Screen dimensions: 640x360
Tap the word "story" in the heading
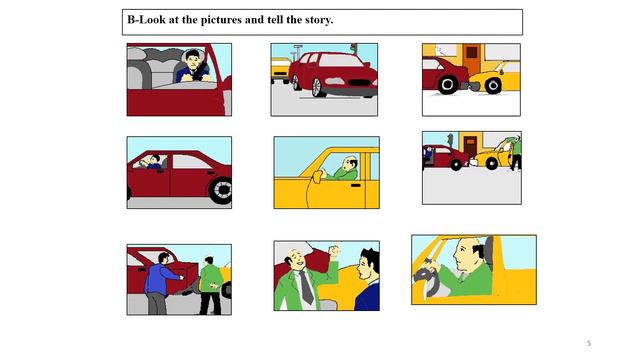click(x=318, y=20)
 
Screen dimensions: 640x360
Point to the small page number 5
click(x=589, y=343)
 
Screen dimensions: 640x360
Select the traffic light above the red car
click(x=353, y=49)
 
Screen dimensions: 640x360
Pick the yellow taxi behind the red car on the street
click(x=280, y=71)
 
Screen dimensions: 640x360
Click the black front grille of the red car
click(x=359, y=83)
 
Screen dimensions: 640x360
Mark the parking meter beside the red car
click(x=450, y=141)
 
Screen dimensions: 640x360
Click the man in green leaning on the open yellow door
click(x=516, y=153)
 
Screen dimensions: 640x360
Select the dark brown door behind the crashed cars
click(x=470, y=147)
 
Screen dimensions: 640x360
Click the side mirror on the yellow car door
click(x=317, y=177)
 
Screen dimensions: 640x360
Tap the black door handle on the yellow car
click(x=356, y=185)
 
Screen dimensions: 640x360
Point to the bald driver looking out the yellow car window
click(x=346, y=168)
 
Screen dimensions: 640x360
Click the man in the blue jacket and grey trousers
click(x=160, y=284)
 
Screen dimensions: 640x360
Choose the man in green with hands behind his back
click(x=210, y=286)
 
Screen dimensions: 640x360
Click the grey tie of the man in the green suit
click(x=306, y=288)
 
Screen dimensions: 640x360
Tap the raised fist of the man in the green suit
click(x=335, y=250)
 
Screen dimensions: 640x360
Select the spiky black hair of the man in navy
click(x=371, y=256)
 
